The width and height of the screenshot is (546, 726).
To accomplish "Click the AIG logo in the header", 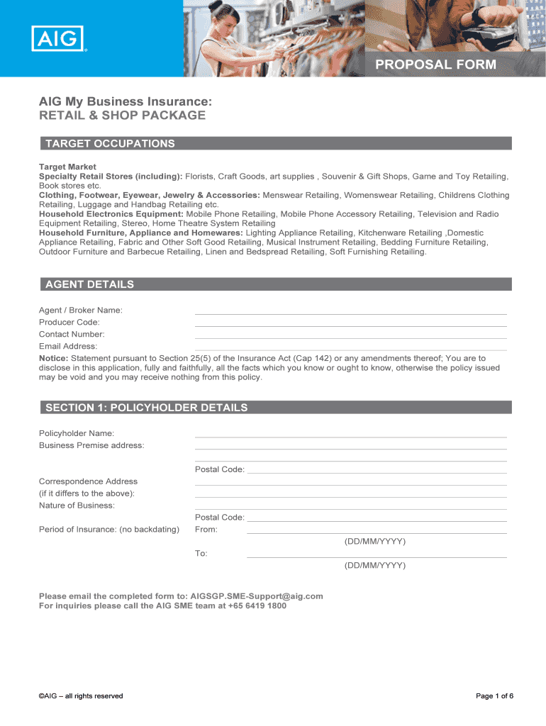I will tap(58, 38).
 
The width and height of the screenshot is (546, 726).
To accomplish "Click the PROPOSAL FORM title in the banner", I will tap(435, 65).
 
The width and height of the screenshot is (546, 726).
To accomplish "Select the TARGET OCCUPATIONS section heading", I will tap(110, 143).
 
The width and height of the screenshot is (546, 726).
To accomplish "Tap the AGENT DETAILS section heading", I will tap(89, 284).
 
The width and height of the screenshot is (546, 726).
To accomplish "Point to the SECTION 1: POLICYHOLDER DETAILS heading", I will tap(147, 408).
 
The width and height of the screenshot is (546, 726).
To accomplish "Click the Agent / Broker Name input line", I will tap(350, 312).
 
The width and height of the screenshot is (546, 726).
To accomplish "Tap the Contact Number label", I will tap(72, 334).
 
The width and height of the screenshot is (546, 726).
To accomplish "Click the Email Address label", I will tap(68, 346).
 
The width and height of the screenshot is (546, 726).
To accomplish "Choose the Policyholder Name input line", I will tap(350, 435).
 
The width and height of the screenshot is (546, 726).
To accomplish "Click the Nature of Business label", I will tap(77, 506).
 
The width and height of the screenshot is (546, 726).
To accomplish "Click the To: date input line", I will tap(376, 556).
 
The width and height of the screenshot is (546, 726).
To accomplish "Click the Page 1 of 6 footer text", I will tap(494, 696).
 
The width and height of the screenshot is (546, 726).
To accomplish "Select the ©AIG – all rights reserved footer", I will tap(81, 696).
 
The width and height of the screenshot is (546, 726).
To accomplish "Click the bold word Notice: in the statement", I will tap(53, 358).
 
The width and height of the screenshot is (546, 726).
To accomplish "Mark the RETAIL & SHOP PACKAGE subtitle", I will tap(122, 116).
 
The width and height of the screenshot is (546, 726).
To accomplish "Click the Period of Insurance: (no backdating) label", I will tap(109, 530).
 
